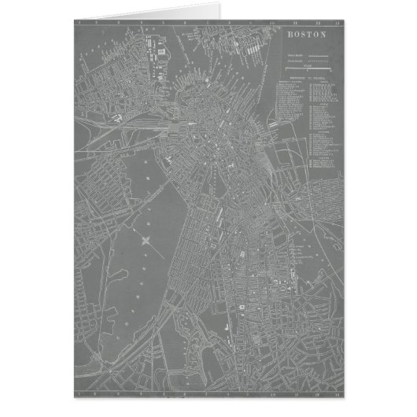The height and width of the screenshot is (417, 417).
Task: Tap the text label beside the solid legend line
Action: point(293,54)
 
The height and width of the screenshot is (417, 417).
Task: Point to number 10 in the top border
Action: point(272,23)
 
